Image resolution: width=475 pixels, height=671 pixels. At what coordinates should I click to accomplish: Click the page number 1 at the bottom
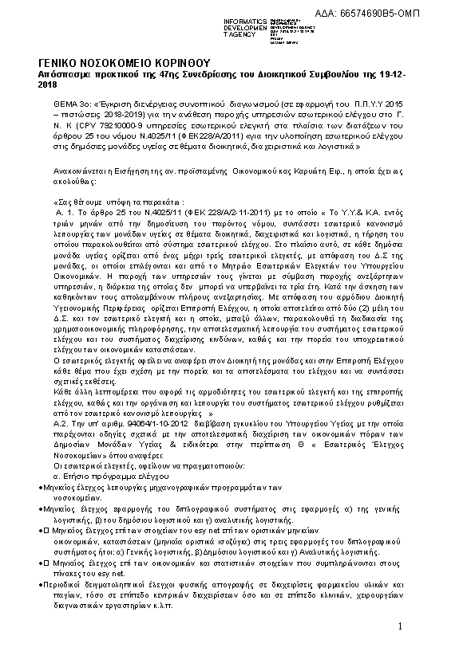[400, 628]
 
